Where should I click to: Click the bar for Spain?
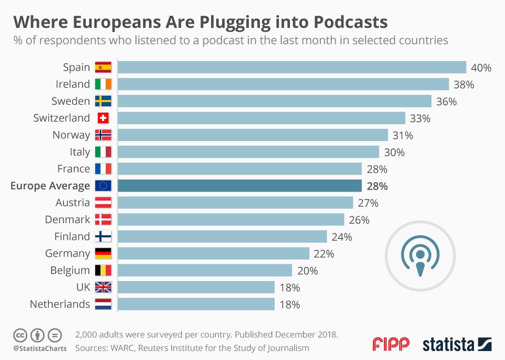[x=291, y=67]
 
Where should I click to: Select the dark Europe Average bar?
[x=239, y=186]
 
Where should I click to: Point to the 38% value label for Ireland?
[x=464, y=84]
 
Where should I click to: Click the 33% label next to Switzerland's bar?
[x=420, y=118]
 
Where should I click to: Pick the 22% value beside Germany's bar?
[x=324, y=254]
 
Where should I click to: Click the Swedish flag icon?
[x=103, y=101]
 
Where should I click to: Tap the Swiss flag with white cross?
[x=103, y=118]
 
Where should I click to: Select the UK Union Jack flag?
[x=103, y=287]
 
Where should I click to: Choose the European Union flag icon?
[x=103, y=186]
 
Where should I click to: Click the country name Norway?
[x=71, y=135]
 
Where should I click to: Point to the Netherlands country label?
[x=60, y=304]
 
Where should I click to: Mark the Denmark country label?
[x=67, y=219]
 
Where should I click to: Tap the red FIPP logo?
[x=391, y=344]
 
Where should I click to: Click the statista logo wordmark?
[x=448, y=344]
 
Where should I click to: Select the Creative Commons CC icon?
[x=20, y=335]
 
